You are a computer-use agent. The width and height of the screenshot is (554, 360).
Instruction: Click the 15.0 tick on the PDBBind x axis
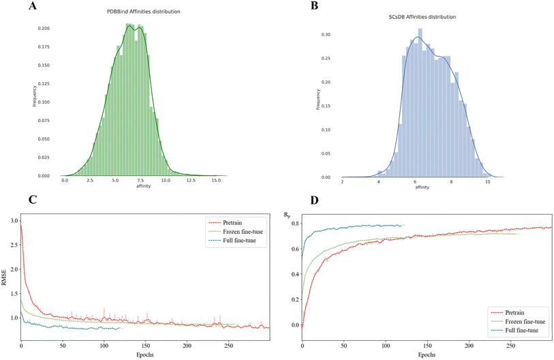[x=215, y=181]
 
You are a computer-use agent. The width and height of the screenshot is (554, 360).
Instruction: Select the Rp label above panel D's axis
[x=288, y=215]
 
